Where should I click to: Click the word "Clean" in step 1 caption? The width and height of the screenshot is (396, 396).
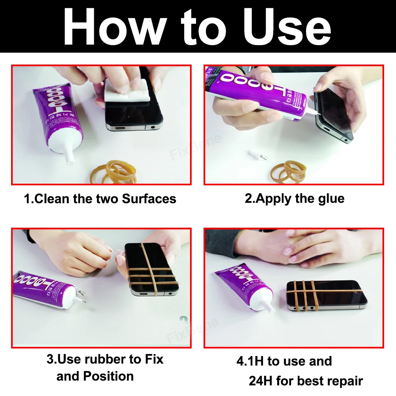pyautogui.click(x=53, y=198)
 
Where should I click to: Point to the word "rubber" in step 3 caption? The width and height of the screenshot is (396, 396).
pyautogui.click(x=107, y=359)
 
